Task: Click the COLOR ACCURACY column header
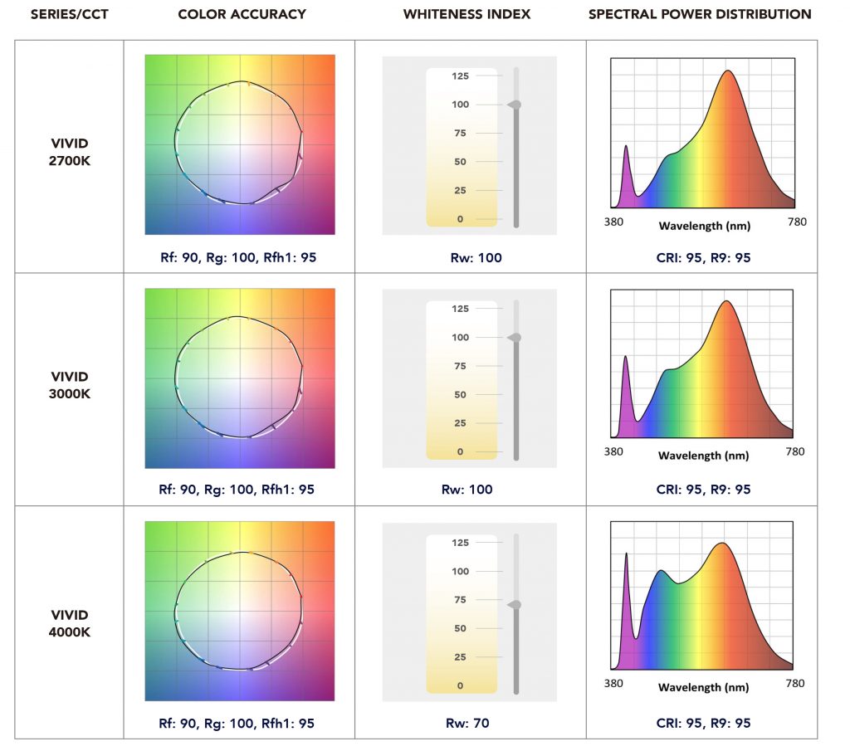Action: click(242, 14)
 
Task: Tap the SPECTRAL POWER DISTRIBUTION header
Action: click(700, 14)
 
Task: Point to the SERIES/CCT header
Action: click(71, 14)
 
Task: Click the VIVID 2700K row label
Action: click(70, 152)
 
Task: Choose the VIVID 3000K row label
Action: click(70, 385)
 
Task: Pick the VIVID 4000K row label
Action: click(70, 623)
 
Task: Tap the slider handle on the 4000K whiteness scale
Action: click(515, 604)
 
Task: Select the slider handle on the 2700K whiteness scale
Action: click(515, 105)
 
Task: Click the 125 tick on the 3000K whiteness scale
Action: click(460, 309)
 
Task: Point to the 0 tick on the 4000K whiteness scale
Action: click(460, 686)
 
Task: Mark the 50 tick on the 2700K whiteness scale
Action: click(460, 162)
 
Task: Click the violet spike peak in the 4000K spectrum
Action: click(626, 553)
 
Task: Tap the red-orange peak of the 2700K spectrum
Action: click(729, 71)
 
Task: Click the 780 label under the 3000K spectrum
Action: click(794, 452)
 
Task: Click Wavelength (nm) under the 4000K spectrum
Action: click(703, 687)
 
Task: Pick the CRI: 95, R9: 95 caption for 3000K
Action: click(703, 490)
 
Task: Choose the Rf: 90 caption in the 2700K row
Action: click(179, 258)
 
